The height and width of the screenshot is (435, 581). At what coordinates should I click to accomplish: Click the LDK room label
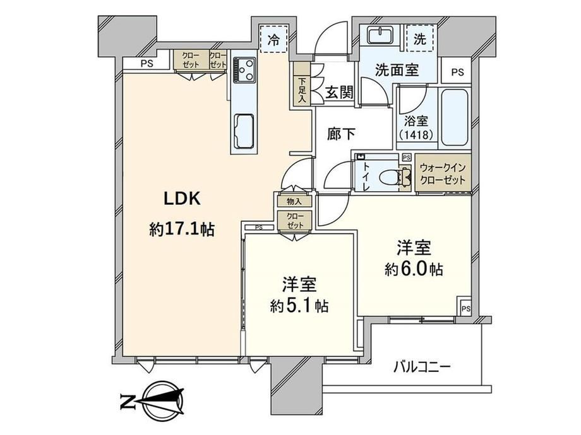click(183, 199)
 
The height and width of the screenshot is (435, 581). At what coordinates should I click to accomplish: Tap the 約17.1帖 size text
click(182, 229)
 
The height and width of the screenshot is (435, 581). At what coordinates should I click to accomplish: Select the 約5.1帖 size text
click(299, 306)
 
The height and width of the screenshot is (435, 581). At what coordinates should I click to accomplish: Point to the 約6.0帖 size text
click(414, 270)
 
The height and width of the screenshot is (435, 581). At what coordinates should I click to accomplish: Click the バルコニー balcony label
click(422, 368)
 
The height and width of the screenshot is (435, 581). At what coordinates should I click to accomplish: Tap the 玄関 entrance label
click(339, 93)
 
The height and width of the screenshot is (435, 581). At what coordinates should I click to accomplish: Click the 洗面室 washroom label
click(397, 70)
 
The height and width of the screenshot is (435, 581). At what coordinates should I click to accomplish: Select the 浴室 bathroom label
click(416, 121)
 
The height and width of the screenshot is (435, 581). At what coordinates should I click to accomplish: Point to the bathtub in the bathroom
click(454, 118)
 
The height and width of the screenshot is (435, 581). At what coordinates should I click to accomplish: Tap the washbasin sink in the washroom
click(381, 35)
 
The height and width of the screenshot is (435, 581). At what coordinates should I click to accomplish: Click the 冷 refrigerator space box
click(274, 39)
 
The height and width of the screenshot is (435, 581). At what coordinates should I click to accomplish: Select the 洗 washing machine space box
click(420, 38)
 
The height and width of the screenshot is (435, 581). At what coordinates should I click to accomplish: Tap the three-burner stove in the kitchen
click(244, 70)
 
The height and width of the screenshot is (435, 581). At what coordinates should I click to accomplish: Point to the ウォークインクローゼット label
click(443, 174)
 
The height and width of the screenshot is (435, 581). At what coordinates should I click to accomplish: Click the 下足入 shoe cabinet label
click(302, 90)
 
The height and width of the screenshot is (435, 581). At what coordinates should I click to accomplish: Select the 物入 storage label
click(294, 201)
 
